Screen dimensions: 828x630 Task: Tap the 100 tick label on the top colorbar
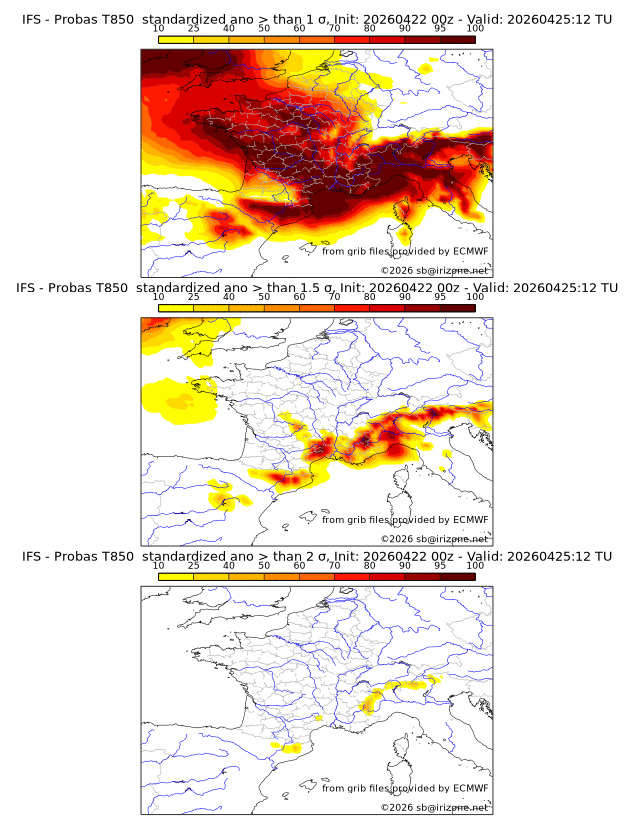(x=475, y=28)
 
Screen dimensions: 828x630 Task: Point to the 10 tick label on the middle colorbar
(x=158, y=297)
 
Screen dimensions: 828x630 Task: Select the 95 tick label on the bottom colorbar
(x=440, y=566)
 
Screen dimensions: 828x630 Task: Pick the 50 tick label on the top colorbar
(x=264, y=28)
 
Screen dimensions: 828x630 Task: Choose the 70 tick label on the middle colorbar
(x=334, y=297)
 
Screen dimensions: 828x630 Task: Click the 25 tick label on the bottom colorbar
(x=193, y=566)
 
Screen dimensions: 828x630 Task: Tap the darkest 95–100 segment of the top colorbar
(x=457, y=39)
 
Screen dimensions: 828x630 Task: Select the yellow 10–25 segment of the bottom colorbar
(x=176, y=577)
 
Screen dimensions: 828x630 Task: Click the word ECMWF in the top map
(x=470, y=251)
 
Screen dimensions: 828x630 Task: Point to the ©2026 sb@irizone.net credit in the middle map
(x=434, y=539)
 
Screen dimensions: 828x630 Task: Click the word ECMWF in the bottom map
(x=470, y=788)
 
